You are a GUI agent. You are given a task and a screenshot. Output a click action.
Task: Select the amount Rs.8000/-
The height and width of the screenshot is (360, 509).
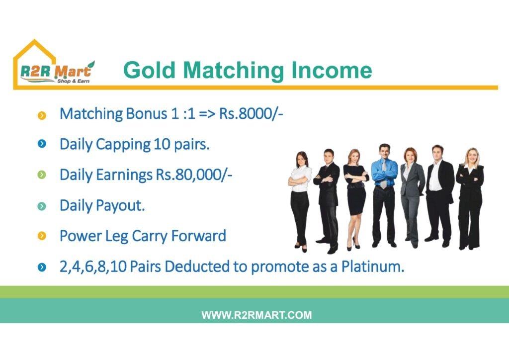[251, 113]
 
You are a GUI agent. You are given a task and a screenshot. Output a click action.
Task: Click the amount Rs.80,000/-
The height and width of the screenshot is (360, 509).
[194, 175]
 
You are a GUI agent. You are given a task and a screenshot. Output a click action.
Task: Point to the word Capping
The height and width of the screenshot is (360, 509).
[123, 145]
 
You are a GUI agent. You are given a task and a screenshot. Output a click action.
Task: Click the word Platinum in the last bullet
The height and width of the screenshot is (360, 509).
[373, 267]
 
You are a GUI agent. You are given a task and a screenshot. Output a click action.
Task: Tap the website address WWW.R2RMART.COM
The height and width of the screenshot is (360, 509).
[256, 315]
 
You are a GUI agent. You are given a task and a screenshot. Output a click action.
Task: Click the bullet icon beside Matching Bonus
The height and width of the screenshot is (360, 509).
[42, 115]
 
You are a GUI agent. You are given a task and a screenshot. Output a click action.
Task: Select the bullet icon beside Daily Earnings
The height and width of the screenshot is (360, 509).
[42, 175]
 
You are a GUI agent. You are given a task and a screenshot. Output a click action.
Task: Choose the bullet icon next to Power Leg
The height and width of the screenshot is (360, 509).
[42, 236]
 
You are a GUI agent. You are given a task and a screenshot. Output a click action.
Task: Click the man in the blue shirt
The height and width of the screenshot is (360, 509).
[384, 195]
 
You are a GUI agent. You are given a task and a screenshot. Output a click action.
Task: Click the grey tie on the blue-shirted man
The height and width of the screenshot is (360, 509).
[384, 176]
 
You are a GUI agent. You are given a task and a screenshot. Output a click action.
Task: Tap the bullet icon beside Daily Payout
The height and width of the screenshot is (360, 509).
[42, 206]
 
